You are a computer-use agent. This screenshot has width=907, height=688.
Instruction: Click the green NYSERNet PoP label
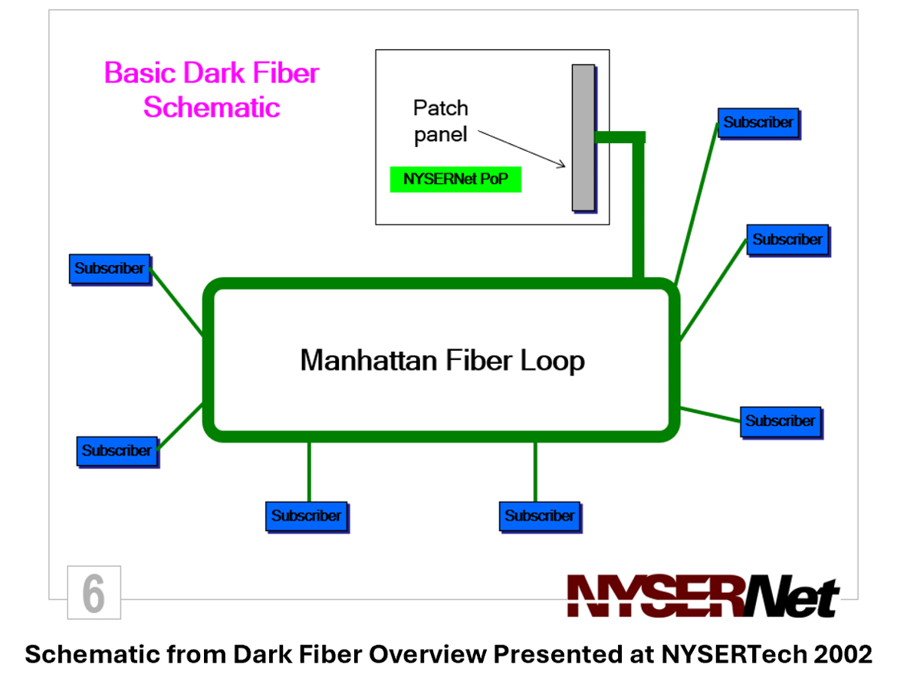pos(455,179)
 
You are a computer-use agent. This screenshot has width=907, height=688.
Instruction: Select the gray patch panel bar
pos(583,137)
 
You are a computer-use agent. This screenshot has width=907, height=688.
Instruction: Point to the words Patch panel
pos(440,121)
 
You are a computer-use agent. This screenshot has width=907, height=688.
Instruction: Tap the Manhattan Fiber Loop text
pos(442,360)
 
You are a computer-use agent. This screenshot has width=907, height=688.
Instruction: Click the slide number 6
pos(94,592)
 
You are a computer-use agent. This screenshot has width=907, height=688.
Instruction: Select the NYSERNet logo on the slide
pos(702,595)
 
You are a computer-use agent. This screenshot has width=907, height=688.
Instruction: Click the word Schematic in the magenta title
pos(211,106)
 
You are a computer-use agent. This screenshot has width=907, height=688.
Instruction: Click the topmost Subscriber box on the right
pos(758,123)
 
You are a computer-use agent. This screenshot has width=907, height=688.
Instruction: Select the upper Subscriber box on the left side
pos(110,269)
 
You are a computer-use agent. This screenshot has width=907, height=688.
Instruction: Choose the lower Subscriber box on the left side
pos(117,450)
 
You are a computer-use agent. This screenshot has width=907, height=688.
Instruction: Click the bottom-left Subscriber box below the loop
pos(306,516)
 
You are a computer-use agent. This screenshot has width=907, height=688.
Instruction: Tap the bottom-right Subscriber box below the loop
pos(539,516)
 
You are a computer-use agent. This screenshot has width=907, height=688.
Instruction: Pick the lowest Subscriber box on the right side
pos(780,421)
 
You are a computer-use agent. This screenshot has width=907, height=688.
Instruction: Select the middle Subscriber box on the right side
pos(787,240)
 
